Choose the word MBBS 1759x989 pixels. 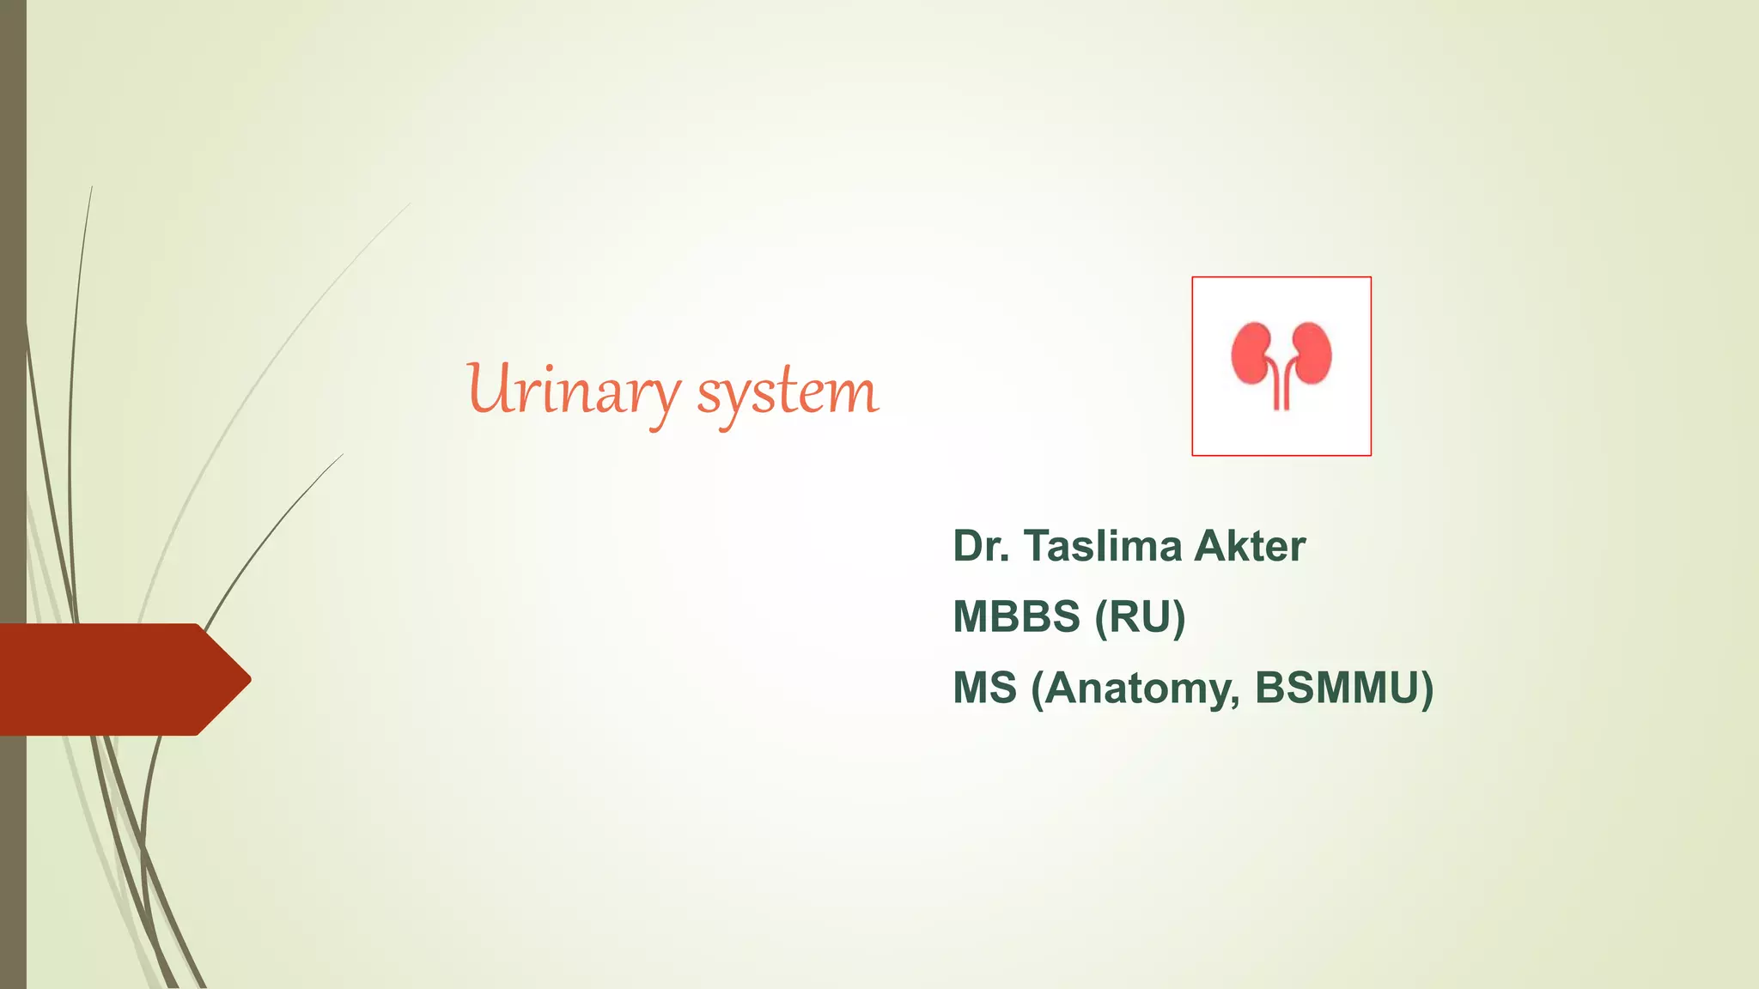tap(1017, 617)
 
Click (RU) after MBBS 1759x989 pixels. tap(1140, 617)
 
